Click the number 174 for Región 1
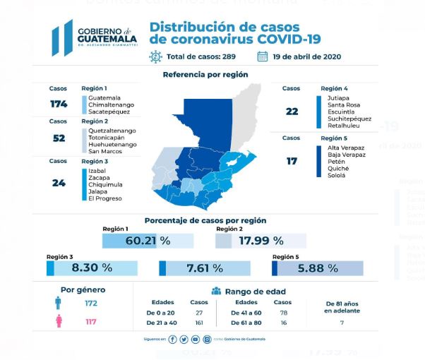click(59, 104)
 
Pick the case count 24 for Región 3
click(59, 183)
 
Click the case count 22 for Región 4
click(292, 111)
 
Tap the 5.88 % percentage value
click(321, 268)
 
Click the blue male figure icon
click(56, 304)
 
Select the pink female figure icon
click(56, 323)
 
